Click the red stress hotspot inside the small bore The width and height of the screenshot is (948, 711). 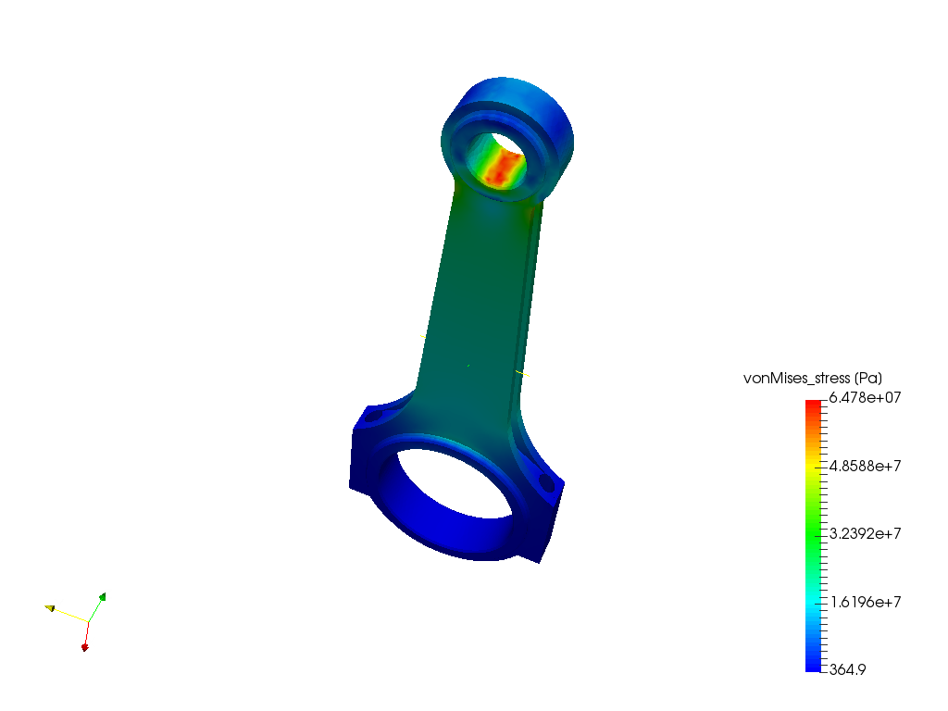500,168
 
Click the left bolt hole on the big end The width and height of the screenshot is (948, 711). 374,417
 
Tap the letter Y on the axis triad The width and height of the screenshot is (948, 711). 59,605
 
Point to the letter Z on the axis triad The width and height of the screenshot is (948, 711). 108,593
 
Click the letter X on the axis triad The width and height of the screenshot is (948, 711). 91,642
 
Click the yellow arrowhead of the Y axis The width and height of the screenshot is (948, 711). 48,607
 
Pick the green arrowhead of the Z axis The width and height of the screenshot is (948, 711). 102,598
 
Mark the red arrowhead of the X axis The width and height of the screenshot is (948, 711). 85,645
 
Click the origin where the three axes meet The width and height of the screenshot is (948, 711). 89,621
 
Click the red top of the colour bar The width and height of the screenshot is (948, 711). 813,405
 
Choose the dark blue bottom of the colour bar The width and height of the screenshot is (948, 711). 813,664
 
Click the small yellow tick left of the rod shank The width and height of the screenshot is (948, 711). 423,336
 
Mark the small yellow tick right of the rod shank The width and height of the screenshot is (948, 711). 523,373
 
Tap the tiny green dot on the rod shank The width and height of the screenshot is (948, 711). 468,366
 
